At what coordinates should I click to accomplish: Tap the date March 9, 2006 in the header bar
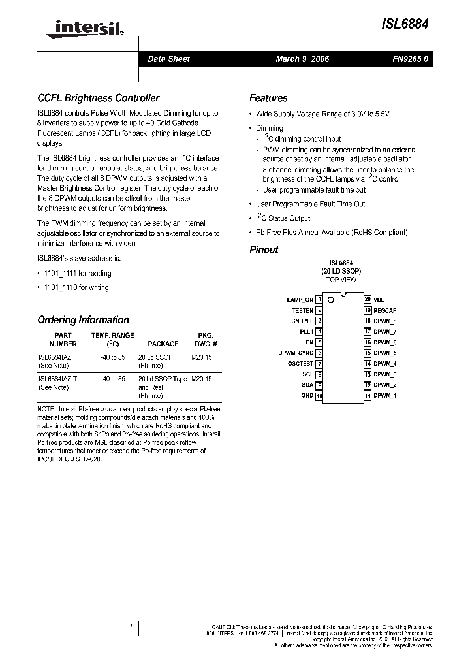(x=302, y=59)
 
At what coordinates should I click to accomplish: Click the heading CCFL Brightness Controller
(x=99, y=98)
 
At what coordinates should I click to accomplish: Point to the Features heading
(x=268, y=98)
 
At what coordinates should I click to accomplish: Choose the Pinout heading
(x=264, y=250)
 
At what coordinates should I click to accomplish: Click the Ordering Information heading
(x=83, y=320)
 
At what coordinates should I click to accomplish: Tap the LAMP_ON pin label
(x=300, y=300)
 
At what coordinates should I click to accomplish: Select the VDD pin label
(x=379, y=300)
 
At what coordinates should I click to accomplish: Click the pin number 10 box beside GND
(x=319, y=396)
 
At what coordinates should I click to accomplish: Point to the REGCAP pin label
(x=385, y=310)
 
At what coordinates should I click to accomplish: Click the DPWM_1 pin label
(x=384, y=396)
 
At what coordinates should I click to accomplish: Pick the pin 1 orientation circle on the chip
(x=330, y=300)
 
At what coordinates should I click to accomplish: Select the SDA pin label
(x=307, y=385)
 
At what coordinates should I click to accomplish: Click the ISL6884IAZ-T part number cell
(x=57, y=379)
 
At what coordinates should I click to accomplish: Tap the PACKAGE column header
(x=163, y=344)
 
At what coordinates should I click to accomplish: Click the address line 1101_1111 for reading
(x=77, y=273)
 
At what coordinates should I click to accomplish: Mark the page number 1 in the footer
(x=131, y=628)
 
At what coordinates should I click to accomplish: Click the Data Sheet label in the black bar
(x=168, y=59)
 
